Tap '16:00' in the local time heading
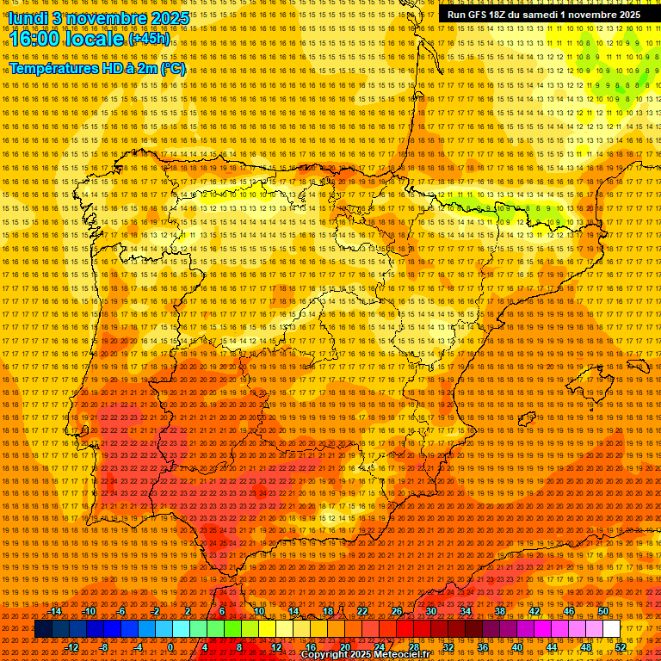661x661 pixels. tap(34, 39)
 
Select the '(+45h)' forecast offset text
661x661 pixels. tap(149, 40)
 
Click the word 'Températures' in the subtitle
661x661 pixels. tap(53, 68)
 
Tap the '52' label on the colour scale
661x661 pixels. tap(621, 647)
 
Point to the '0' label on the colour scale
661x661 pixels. tap(170, 647)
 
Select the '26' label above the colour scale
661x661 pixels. tap(397, 611)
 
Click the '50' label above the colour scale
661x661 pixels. tap(603, 611)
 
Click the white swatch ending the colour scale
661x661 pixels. tap(612, 629)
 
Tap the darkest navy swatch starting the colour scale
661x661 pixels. tap(43, 629)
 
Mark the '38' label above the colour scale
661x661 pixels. tap(500, 611)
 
